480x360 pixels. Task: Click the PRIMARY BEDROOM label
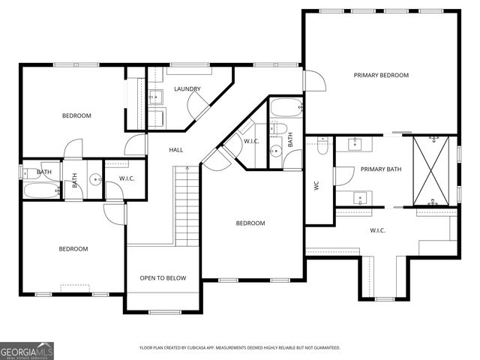point(381,75)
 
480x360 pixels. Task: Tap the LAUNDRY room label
point(187,89)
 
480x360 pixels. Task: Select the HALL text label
point(176,150)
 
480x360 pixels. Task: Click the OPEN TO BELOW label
point(163,278)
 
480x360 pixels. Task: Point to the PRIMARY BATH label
point(381,169)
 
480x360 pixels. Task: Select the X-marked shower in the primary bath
point(433,170)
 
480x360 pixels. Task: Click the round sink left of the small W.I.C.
point(95,179)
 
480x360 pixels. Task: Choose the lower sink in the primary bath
point(359,199)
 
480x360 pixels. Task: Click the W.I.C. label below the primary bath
point(377,230)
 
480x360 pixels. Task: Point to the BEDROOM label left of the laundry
point(76,115)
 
